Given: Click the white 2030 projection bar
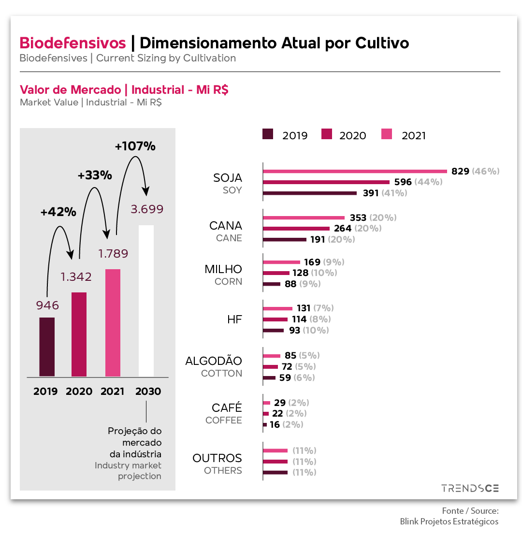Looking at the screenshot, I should (x=146, y=301).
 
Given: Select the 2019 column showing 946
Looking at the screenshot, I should (x=47, y=347).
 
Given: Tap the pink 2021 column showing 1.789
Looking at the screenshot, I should (x=113, y=322).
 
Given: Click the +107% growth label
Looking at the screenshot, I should (x=135, y=146).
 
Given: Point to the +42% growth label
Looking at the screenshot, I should (x=58, y=212).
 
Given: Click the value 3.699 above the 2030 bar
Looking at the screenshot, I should (x=147, y=209).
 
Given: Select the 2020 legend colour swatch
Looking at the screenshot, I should (x=327, y=134).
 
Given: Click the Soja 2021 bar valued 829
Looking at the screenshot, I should (x=355, y=171).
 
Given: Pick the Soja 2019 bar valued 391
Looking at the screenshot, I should (x=309, y=193).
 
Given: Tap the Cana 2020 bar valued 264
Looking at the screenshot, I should (x=296, y=229).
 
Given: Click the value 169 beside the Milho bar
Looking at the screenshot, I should (x=312, y=262).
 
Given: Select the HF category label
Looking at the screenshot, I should (x=234, y=319).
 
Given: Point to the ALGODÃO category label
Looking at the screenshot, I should (x=214, y=361).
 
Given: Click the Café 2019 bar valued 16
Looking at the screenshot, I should (x=265, y=425).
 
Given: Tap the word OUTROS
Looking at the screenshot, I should (x=217, y=458).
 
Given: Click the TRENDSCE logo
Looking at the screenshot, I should (x=470, y=489).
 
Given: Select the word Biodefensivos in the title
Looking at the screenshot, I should (x=72, y=43).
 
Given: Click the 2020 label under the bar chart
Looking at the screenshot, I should (x=79, y=391).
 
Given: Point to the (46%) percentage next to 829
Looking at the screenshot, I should (x=486, y=171).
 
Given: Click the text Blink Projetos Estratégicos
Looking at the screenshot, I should (x=449, y=522).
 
